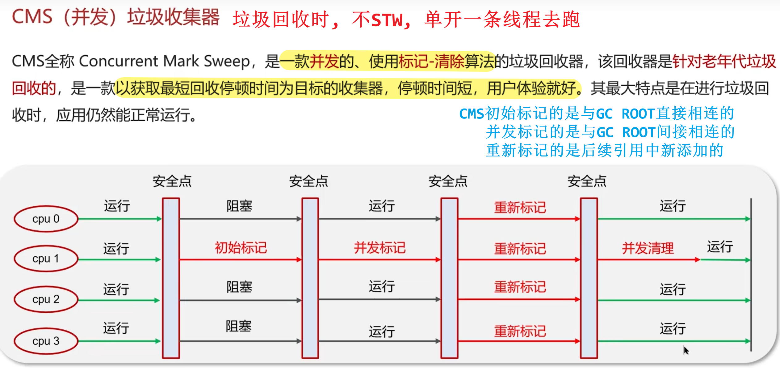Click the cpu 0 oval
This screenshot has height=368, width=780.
(x=46, y=219)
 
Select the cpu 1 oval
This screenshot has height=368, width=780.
(x=46, y=259)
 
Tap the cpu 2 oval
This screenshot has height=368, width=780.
(x=46, y=299)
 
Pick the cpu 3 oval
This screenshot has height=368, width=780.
(x=46, y=341)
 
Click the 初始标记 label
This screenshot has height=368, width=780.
(x=241, y=248)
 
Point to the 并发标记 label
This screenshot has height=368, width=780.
(x=380, y=248)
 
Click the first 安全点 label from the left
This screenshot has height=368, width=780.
(x=172, y=181)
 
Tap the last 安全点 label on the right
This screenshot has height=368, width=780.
(x=587, y=181)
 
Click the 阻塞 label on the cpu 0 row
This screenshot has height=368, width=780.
(x=239, y=206)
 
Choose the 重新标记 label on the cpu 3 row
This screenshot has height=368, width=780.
(x=520, y=331)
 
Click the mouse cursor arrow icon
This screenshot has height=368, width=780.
(x=686, y=350)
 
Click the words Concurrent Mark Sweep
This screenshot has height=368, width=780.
(x=164, y=61)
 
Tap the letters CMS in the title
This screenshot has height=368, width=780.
(x=32, y=17)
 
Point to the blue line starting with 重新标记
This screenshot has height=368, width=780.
(x=604, y=151)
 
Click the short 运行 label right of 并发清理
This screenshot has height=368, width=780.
(x=720, y=247)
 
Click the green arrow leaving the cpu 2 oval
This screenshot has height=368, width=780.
(x=119, y=300)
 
